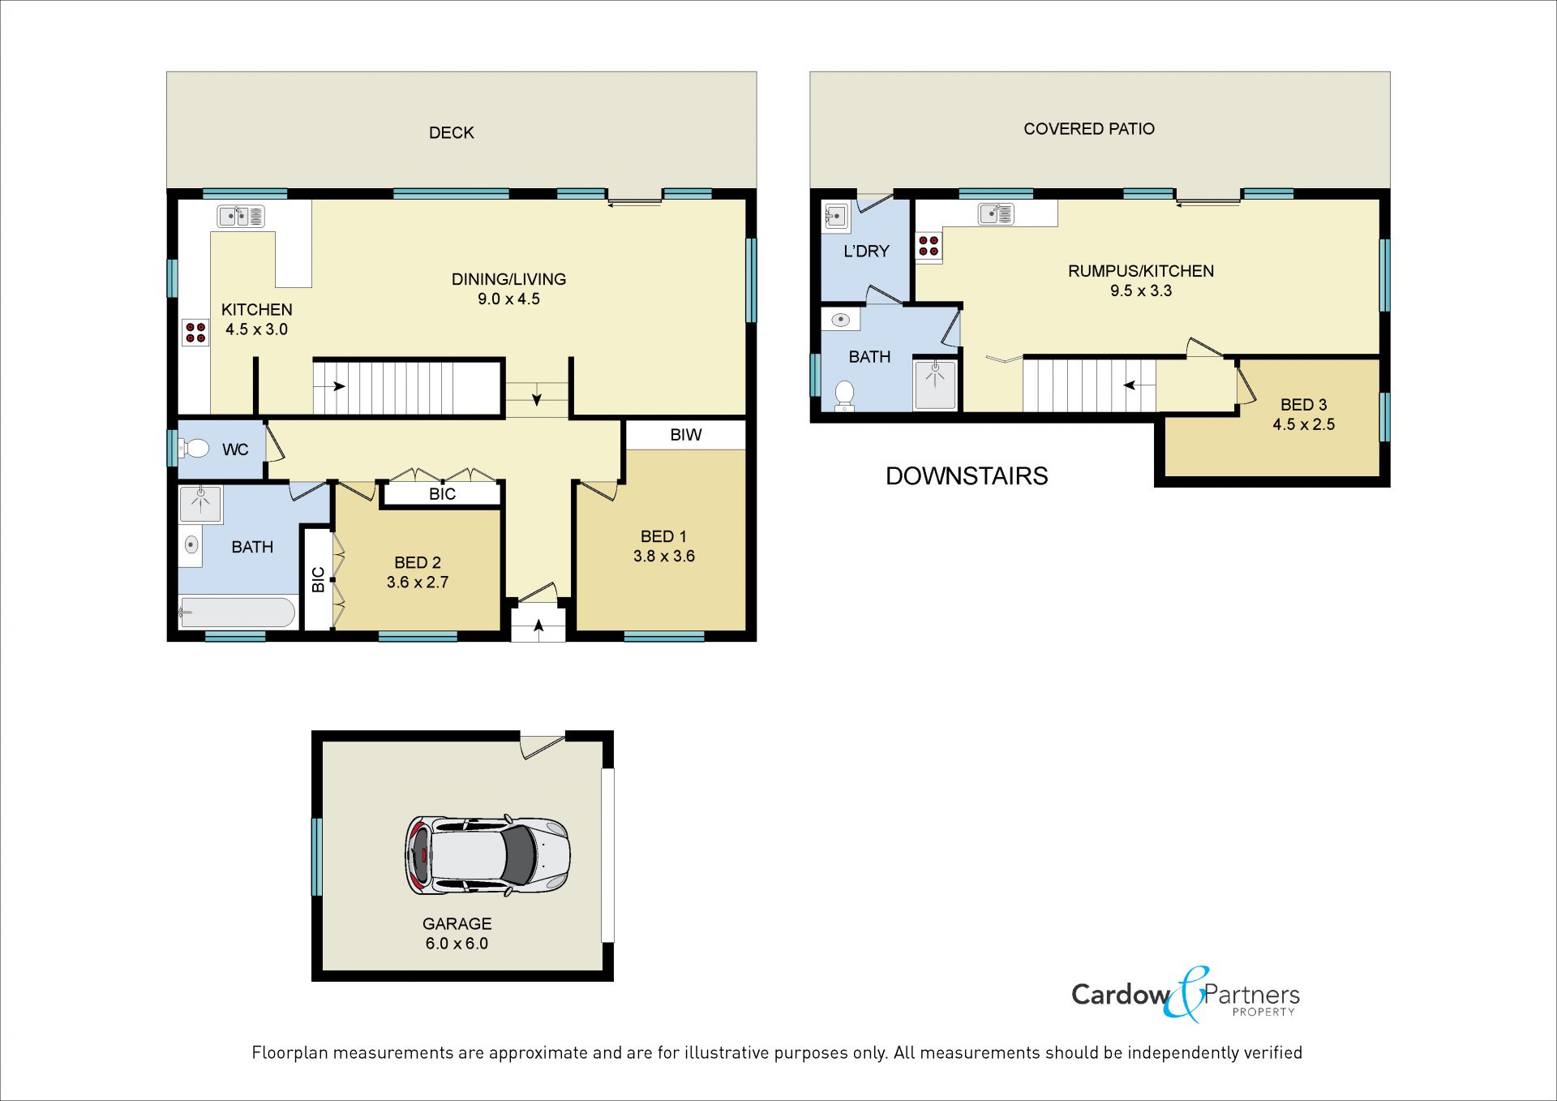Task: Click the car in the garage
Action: pos(487,856)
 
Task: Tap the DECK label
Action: pos(452,133)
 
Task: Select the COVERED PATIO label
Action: pos(1089,129)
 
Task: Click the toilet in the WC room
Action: pos(195,448)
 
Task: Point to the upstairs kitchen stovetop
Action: pos(195,332)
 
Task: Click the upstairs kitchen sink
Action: pos(241,217)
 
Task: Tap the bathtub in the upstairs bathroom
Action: pos(237,613)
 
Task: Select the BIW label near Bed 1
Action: pos(686,435)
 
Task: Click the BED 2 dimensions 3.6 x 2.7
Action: pos(418,583)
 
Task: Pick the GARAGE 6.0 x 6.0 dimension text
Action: pos(457,944)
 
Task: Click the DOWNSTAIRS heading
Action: pos(967,476)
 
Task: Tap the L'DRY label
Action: pos(866,252)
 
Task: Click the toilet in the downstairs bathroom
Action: pos(845,395)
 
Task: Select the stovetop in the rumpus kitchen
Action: pos(929,246)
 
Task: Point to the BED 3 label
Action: pos(1304,405)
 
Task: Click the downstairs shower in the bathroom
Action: pos(935,384)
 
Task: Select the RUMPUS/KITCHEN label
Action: pos(1141,271)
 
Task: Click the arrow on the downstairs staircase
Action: pos(1139,385)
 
